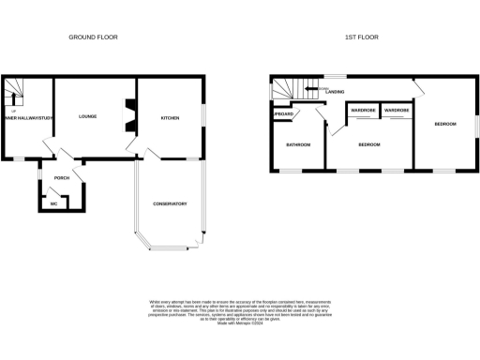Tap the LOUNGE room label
click(x=89, y=117)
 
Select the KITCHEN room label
click(x=170, y=118)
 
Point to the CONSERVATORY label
click(x=171, y=203)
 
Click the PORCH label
click(x=62, y=177)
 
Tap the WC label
click(x=54, y=202)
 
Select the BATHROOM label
click(x=298, y=144)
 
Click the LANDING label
click(x=335, y=92)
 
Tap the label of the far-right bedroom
click(x=445, y=124)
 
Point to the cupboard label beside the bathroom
click(x=283, y=113)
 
